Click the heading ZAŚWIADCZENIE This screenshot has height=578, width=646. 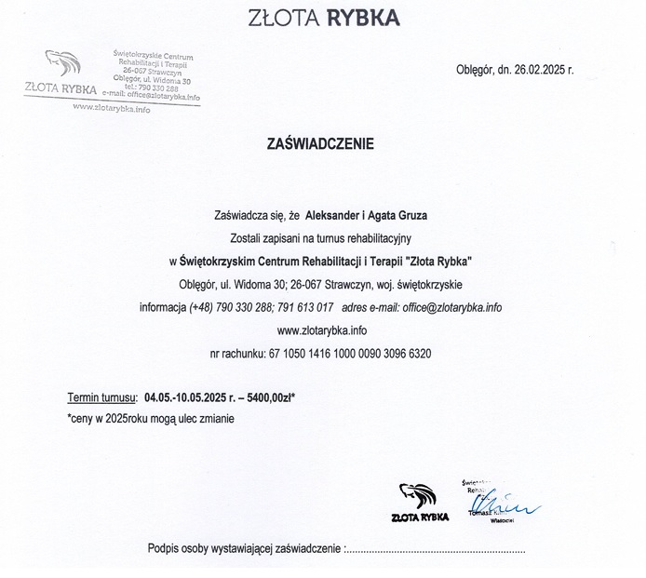[319, 144]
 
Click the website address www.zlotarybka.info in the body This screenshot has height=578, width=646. [322, 329]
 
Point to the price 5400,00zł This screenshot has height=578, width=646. [269, 397]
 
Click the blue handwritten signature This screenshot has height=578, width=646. [511, 504]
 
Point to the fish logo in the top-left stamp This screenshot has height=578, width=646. [62, 64]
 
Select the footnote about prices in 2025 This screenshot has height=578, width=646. [151, 419]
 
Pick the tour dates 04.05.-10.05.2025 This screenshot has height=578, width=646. [192, 397]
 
